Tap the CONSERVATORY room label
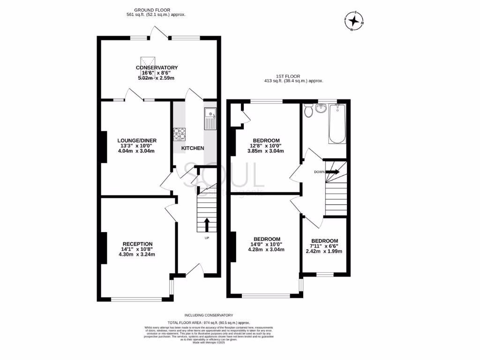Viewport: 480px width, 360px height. (x=157, y=67)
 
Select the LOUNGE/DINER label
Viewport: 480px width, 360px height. (x=137, y=140)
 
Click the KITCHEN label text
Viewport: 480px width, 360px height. (x=193, y=148)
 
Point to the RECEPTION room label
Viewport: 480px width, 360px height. (x=137, y=244)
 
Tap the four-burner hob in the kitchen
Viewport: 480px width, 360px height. (x=180, y=134)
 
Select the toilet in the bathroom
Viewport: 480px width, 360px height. (x=308, y=111)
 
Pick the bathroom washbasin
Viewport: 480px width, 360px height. (x=321, y=108)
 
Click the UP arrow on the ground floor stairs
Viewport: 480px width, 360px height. (x=207, y=225)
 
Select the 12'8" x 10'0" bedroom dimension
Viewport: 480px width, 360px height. (x=266, y=146)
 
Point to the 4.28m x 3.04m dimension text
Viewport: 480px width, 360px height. (x=266, y=249)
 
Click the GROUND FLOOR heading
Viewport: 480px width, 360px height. (x=152, y=9)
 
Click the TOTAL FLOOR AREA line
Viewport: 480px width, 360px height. (x=209, y=323)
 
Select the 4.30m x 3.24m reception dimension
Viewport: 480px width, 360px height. (x=137, y=255)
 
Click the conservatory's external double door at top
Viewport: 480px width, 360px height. (x=156, y=33)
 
